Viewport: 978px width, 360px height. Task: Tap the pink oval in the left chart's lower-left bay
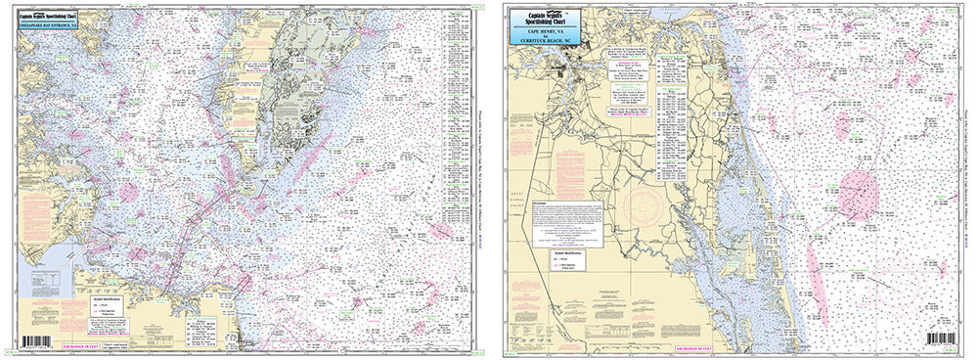click(x=127, y=190)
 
